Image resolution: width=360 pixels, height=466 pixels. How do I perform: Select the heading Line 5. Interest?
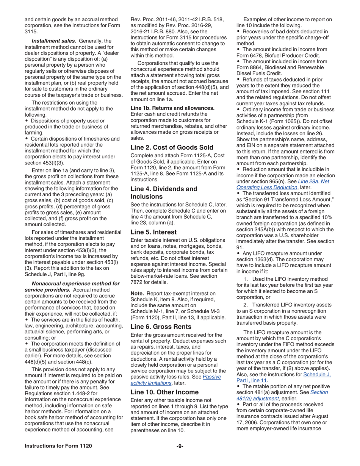tap(153, 232)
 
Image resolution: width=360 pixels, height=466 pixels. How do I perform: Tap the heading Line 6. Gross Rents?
tap(161, 327)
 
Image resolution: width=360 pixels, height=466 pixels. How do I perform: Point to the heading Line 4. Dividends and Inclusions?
tap(164, 192)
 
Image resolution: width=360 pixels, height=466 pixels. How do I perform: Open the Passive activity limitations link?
tap(175, 380)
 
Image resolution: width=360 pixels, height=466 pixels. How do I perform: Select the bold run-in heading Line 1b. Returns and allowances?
tap(172, 108)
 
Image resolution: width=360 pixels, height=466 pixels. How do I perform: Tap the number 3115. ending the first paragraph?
tap(32, 32)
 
